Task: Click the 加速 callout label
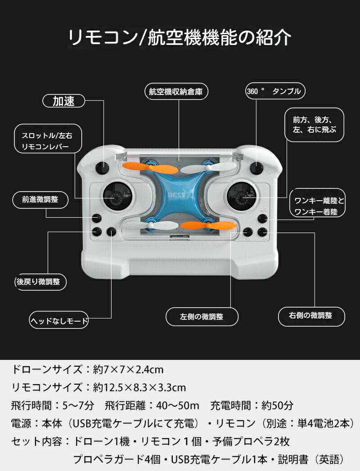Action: point(64,101)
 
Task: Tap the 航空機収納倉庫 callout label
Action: point(179,92)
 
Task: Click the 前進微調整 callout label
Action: point(40,199)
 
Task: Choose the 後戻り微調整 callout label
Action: point(40,282)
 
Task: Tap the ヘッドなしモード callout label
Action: point(59,321)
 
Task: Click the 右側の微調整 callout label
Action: point(310,315)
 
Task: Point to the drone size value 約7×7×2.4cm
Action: point(128,370)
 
